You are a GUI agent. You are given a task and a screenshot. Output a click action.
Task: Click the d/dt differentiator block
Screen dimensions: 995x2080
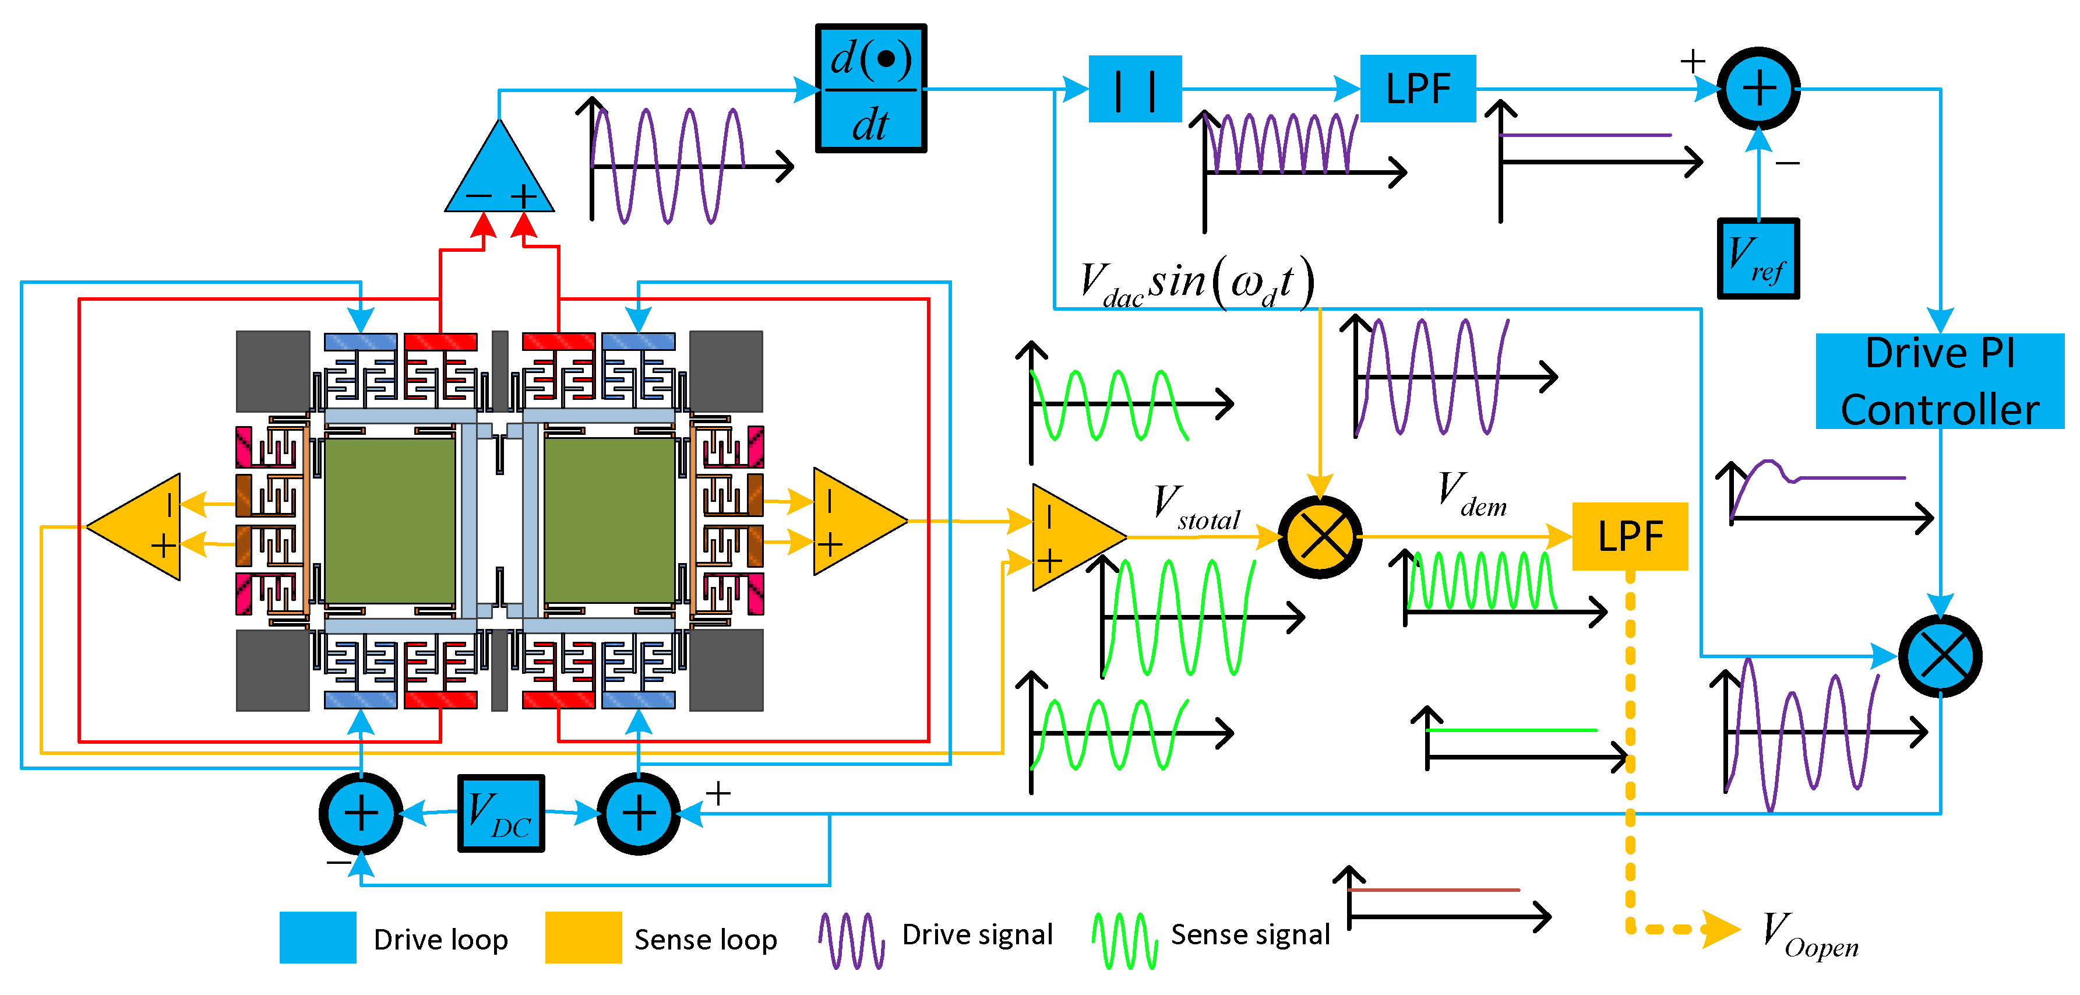[870, 88]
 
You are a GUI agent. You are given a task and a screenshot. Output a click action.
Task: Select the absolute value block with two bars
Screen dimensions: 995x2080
[1134, 89]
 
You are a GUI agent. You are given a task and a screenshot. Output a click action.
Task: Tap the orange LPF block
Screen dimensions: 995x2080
[1630, 536]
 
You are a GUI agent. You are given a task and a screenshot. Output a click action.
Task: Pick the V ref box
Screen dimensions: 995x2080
[1757, 258]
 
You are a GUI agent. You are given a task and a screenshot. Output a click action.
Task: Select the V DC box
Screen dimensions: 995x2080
[500, 813]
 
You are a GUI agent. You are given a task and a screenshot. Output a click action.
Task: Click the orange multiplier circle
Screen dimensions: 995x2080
[1320, 536]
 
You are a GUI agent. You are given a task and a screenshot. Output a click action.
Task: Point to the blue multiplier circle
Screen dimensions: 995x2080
[1940, 656]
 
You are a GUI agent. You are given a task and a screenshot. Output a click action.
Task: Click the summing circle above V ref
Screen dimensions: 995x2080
[1758, 88]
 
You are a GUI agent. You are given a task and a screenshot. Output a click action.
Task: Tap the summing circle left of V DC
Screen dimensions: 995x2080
[361, 813]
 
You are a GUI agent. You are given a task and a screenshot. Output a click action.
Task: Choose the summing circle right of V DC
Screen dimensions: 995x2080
[639, 813]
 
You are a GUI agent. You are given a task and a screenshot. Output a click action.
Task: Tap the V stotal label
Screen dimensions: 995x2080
[1196, 509]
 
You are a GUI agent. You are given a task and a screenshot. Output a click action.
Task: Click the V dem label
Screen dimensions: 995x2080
[1471, 494]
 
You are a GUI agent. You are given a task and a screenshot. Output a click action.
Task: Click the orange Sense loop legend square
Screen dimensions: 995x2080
[583, 937]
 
